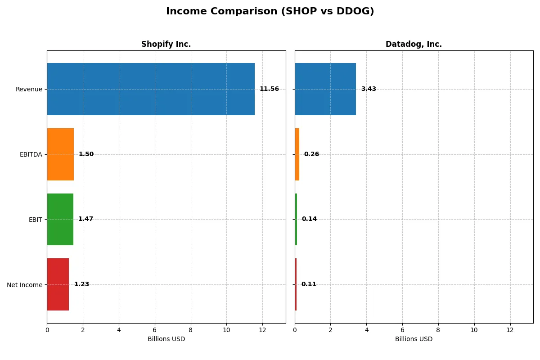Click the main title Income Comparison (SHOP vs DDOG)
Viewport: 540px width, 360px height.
[270, 11]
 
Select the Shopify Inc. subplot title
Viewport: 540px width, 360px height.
[166, 44]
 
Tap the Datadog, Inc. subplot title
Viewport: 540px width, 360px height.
[414, 44]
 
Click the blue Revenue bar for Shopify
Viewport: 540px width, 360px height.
[151, 89]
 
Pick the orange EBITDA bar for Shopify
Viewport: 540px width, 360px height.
[60, 154]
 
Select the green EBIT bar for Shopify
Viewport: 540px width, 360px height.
[60, 219]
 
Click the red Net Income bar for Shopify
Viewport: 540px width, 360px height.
[58, 284]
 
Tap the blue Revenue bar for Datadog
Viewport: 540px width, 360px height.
[325, 89]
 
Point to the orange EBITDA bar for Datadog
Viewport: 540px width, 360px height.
[297, 154]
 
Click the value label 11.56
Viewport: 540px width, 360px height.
[269, 89]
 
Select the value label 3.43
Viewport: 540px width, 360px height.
[369, 89]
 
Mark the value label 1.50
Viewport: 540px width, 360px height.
[86, 154]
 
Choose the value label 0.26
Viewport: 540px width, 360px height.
[311, 154]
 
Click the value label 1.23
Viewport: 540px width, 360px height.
[81, 284]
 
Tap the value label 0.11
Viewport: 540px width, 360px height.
[309, 284]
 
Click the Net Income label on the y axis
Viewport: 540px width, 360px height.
[24, 285]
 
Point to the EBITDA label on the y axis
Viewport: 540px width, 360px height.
[31, 155]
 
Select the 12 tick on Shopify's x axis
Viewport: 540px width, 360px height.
[262, 330]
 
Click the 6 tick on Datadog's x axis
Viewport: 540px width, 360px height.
[402, 330]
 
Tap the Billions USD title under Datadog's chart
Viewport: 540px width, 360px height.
[414, 339]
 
